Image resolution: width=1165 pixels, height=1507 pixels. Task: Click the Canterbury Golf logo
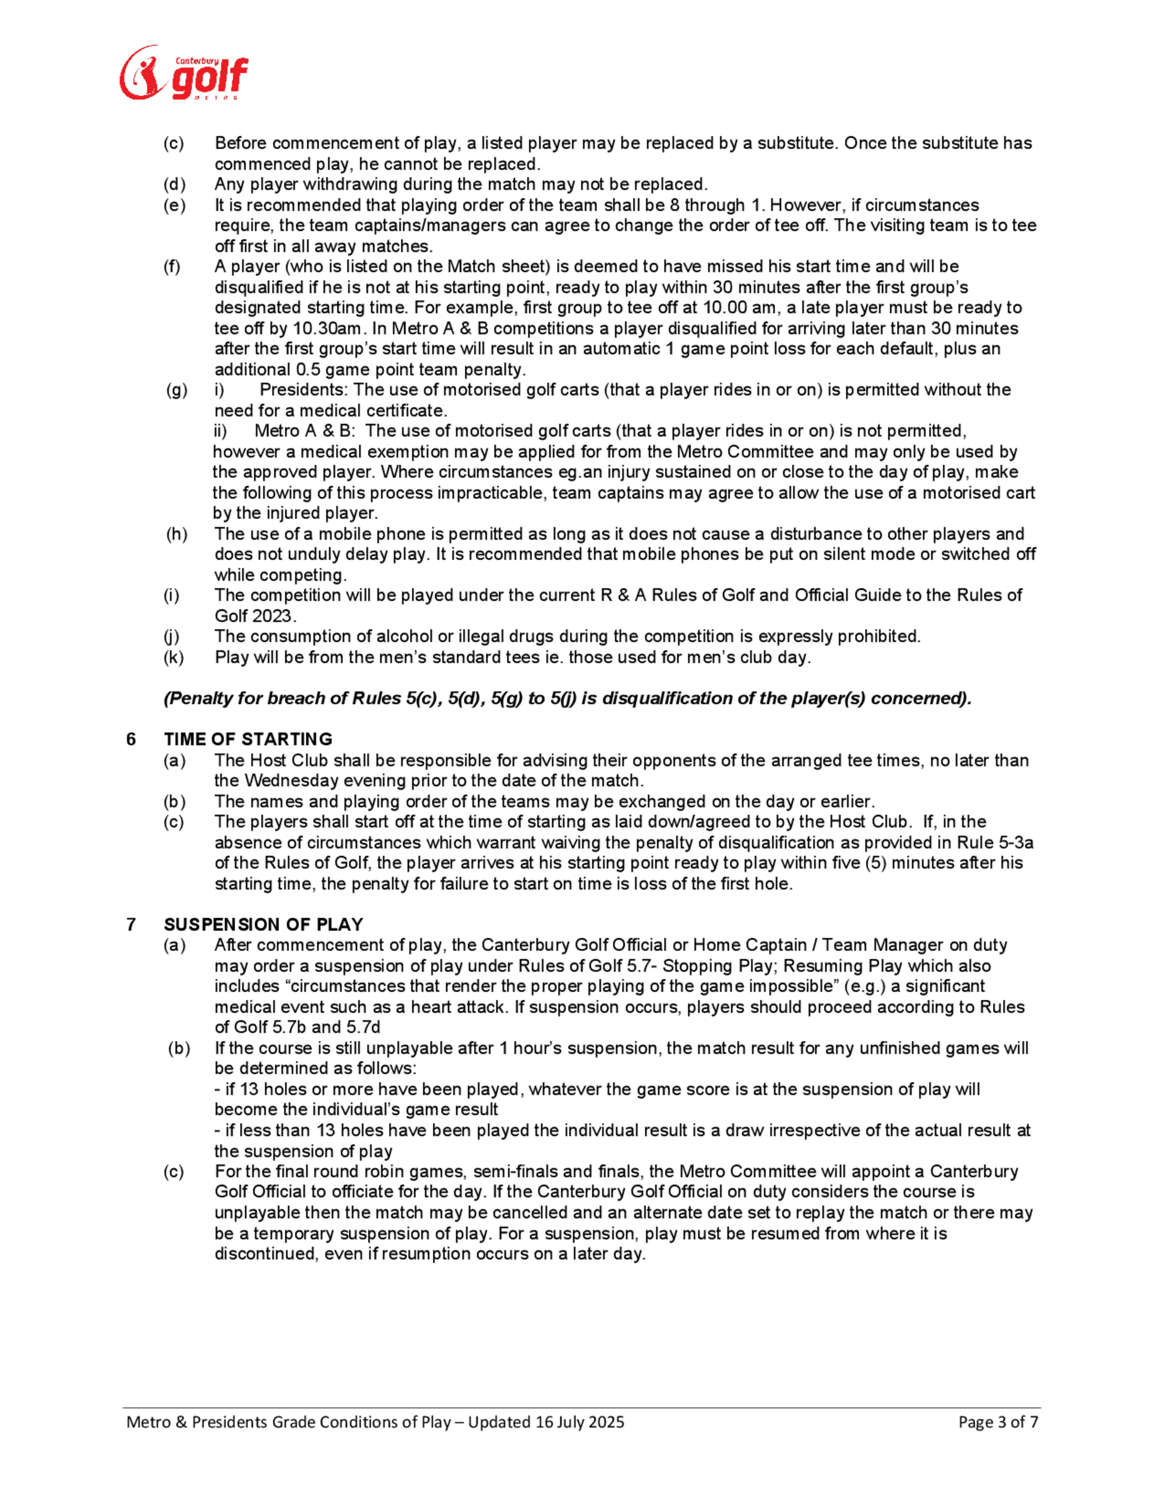(x=183, y=73)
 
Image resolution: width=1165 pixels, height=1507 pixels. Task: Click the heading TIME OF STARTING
(x=248, y=739)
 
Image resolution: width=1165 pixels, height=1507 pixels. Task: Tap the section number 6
(x=131, y=739)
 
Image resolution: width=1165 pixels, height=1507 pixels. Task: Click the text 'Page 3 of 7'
(x=998, y=1421)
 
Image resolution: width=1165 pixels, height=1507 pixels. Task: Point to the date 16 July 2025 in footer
(x=580, y=1421)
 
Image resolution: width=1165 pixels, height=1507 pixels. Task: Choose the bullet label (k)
(x=174, y=657)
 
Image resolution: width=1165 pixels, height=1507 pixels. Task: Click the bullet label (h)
(x=176, y=534)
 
